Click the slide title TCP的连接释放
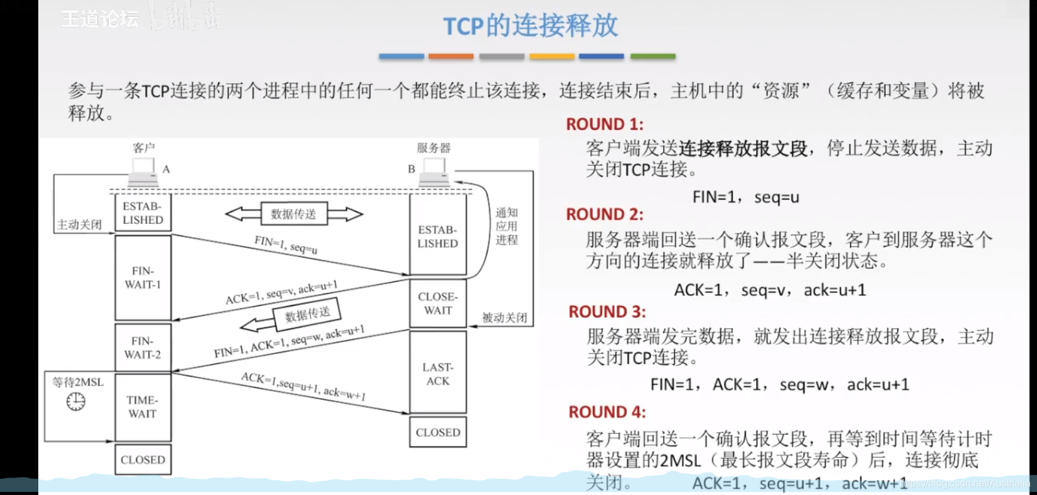pyautogui.click(x=530, y=26)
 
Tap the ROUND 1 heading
pyautogui.click(x=605, y=124)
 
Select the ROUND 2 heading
pyautogui.click(x=605, y=214)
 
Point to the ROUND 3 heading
pyautogui.click(x=607, y=311)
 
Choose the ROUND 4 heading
pyautogui.click(x=607, y=412)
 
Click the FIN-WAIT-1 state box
pyautogui.click(x=143, y=277)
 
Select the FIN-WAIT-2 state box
pyautogui.click(x=143, y=347)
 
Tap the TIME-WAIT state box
pyautogui.click(x=143, y=407)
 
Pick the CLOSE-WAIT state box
pyautogui.click(x=438, y=303)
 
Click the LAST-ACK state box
pyautogui.click(x=438, y=373)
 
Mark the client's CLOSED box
pyautogui.click(x=143, y=460)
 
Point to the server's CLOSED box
pyautogui.click(x=438, y=433)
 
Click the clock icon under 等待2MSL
pyautogui.click(x=76, y=402)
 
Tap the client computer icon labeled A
pyautogui.click(x=143, y=172)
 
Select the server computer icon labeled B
pyautogui.click(x=434, y=172)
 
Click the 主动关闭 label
pyautogui.click(x=79, y=225)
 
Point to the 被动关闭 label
pyautogui.click(x=505, y=318)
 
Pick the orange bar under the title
pyautogui.click(x=451, y=56)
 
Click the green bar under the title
pyautogui.click(x=653, y=56)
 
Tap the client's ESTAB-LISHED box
pyautogui.click(x=143, y=213)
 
